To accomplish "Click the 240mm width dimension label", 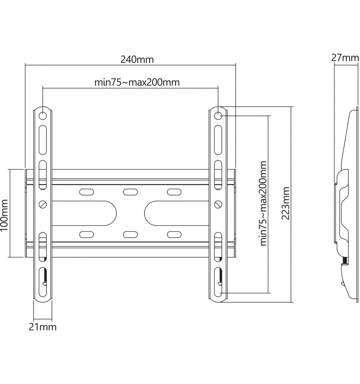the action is [x=137, y=60].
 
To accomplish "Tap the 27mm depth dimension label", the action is [x=345, y=58].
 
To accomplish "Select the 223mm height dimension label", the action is [x=286, y=203].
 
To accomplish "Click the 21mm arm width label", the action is [x=42, y=327].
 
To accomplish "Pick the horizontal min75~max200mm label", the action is [x=137, y=82].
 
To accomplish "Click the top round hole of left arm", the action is [x=42, y=115].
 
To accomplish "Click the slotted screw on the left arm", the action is [x=43, y=204].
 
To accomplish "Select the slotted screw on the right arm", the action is [x=218, y=204].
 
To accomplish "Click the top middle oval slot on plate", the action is [x=130, y=192].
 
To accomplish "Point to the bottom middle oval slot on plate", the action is [x=130, y=235].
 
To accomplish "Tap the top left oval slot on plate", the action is [x=86, y=192].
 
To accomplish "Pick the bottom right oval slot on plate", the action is [x=174, y=235].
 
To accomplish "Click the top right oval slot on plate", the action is [x=174, y=192].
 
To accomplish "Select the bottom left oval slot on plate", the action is [x=86, y=235].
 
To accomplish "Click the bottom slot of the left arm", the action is [x=42, y=281].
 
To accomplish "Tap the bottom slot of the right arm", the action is [x=218, y=281].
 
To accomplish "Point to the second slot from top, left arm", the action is [x=42, y=140].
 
